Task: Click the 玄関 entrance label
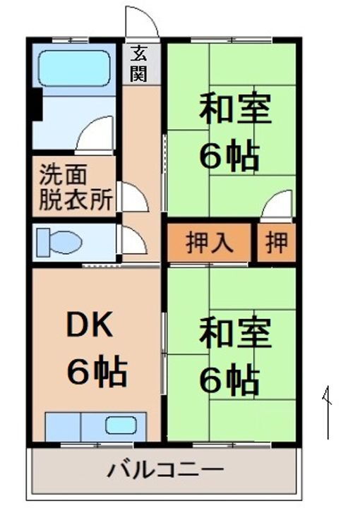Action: [x=138, y=62]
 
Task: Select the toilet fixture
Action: [x=59, y=243]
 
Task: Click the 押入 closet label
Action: [x=209, y=243]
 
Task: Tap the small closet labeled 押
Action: [x=277, y=243]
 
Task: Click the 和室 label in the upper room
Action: [x=235, y=110]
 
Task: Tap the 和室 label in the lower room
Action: [x=235, y=334]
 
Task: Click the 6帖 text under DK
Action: [x=97, y=371]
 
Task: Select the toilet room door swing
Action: [x=133, y=241]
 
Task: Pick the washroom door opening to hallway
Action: [x=134, y=197]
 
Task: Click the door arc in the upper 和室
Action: [x=279, y=204]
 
